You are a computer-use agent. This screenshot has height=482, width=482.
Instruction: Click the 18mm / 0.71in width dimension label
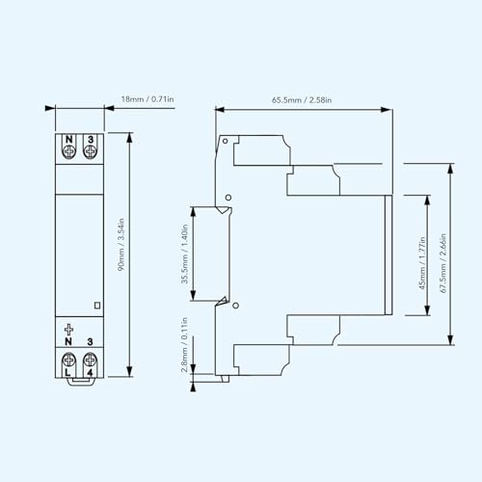(147, 99)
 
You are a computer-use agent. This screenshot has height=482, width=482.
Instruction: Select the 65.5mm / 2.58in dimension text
(302, 100)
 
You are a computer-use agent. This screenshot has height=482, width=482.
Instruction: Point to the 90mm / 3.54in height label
(120, 245)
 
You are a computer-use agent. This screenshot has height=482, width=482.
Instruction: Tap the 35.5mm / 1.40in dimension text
(184, 254)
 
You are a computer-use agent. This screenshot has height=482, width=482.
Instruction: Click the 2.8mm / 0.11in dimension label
(184, 345)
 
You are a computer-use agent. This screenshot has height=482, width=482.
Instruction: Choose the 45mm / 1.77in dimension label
(422, 263)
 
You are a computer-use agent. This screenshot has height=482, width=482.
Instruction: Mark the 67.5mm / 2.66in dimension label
(443, 263)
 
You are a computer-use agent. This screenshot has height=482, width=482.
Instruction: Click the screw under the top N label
(69, 151)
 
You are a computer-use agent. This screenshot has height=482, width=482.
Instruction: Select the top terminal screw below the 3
(90, 151)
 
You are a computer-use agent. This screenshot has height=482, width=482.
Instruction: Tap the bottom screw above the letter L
(68, 360)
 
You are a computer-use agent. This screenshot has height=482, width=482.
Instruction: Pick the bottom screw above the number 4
(90, 360)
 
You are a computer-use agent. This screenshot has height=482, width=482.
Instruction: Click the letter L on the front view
(67, 372)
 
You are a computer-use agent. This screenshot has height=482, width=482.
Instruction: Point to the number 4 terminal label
(90, 372)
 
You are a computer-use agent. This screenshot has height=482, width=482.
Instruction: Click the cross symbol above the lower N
(68, 330)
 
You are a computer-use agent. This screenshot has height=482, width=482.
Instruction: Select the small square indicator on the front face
(97, 305)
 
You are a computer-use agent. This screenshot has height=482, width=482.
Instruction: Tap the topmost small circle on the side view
(226, 141)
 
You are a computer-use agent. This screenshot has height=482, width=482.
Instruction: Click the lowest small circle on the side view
(235, 306)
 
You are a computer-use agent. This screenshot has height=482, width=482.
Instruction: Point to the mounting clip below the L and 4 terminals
(82, 381)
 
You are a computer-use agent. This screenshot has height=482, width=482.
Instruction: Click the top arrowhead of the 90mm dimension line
(129, 137)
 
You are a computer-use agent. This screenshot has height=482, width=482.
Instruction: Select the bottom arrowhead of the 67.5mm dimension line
(450, 340)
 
